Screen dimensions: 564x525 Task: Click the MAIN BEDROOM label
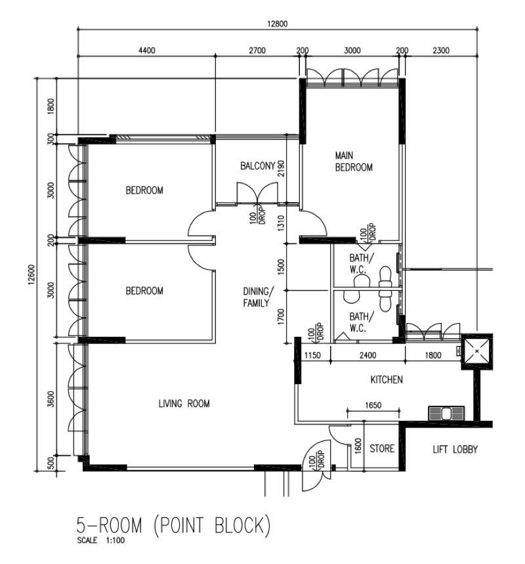(354, 162)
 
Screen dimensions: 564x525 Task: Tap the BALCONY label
(257, 167)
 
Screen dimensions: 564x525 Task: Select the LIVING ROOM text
(184, 404)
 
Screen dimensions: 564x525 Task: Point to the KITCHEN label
(387, 380)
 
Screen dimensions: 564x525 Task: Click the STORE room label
(381, 449)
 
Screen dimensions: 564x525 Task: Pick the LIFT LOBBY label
(455, 450)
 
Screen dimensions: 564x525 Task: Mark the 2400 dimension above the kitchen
(367, 355)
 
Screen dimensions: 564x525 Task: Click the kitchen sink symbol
(446, 414)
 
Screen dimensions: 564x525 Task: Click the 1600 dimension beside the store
(358, 446)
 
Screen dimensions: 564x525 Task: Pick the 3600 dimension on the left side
(51, 399)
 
